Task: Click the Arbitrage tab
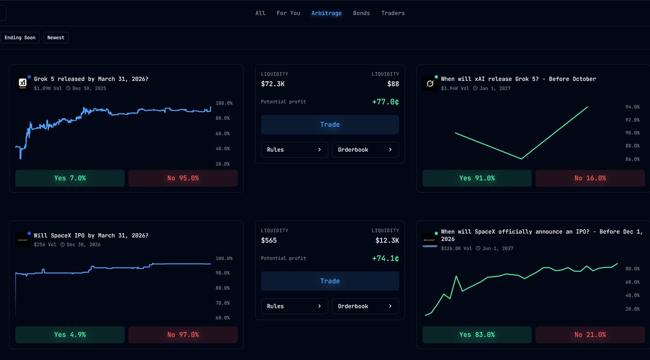326,13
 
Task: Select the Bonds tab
361,13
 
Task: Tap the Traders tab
392,13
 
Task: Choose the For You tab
288,13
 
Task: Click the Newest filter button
56,37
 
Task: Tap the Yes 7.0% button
70,178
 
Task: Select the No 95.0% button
183,178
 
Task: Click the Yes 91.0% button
477,178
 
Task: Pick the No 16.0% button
590,178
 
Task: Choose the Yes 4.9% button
70,335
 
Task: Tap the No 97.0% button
183,335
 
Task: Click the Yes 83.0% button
477,335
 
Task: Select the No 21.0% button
590,335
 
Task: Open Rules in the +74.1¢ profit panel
294,306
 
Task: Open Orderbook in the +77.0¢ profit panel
365,150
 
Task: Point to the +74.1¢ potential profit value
385,259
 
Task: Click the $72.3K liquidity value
274,83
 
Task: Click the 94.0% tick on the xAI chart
633,107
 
